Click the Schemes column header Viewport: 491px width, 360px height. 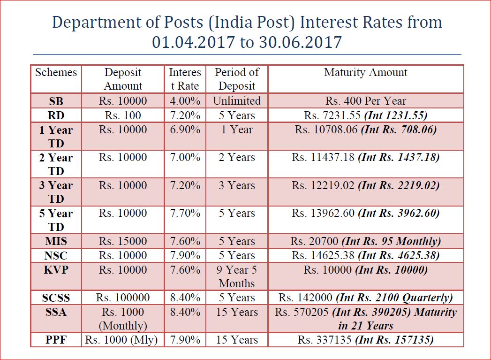click(56, 73)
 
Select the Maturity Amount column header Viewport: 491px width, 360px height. click(365, 73)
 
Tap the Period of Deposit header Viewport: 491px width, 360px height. click(237, 79)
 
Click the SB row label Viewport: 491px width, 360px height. click(56, 101)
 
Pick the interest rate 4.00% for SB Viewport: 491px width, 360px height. click(185, 101)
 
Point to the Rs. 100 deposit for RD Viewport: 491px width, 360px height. click(123, 115)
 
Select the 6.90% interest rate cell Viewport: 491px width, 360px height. click(185, 130)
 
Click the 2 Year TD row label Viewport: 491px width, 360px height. click(56, 164)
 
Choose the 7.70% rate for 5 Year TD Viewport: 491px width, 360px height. click(185, 214)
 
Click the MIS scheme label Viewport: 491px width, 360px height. click(56, 242)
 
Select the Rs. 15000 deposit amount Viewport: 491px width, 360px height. click(123, 242)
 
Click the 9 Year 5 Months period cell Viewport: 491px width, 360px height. click(237, 276)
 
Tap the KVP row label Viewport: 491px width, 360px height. click(56, 270)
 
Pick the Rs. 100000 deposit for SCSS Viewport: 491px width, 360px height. click(123, 298)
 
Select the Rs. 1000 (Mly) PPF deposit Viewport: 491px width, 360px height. click(123, 340)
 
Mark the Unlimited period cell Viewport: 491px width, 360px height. click(237, 101)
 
